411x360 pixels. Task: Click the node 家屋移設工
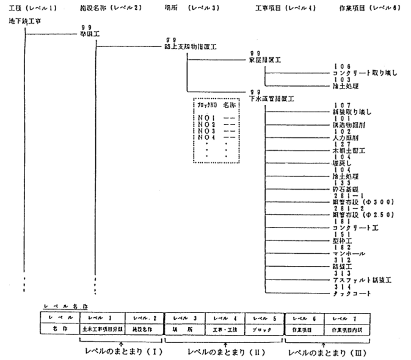coord(265,60)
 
